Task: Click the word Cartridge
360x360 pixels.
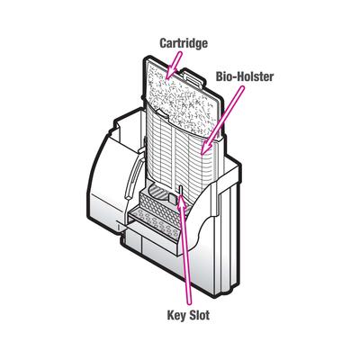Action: [184, 42]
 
